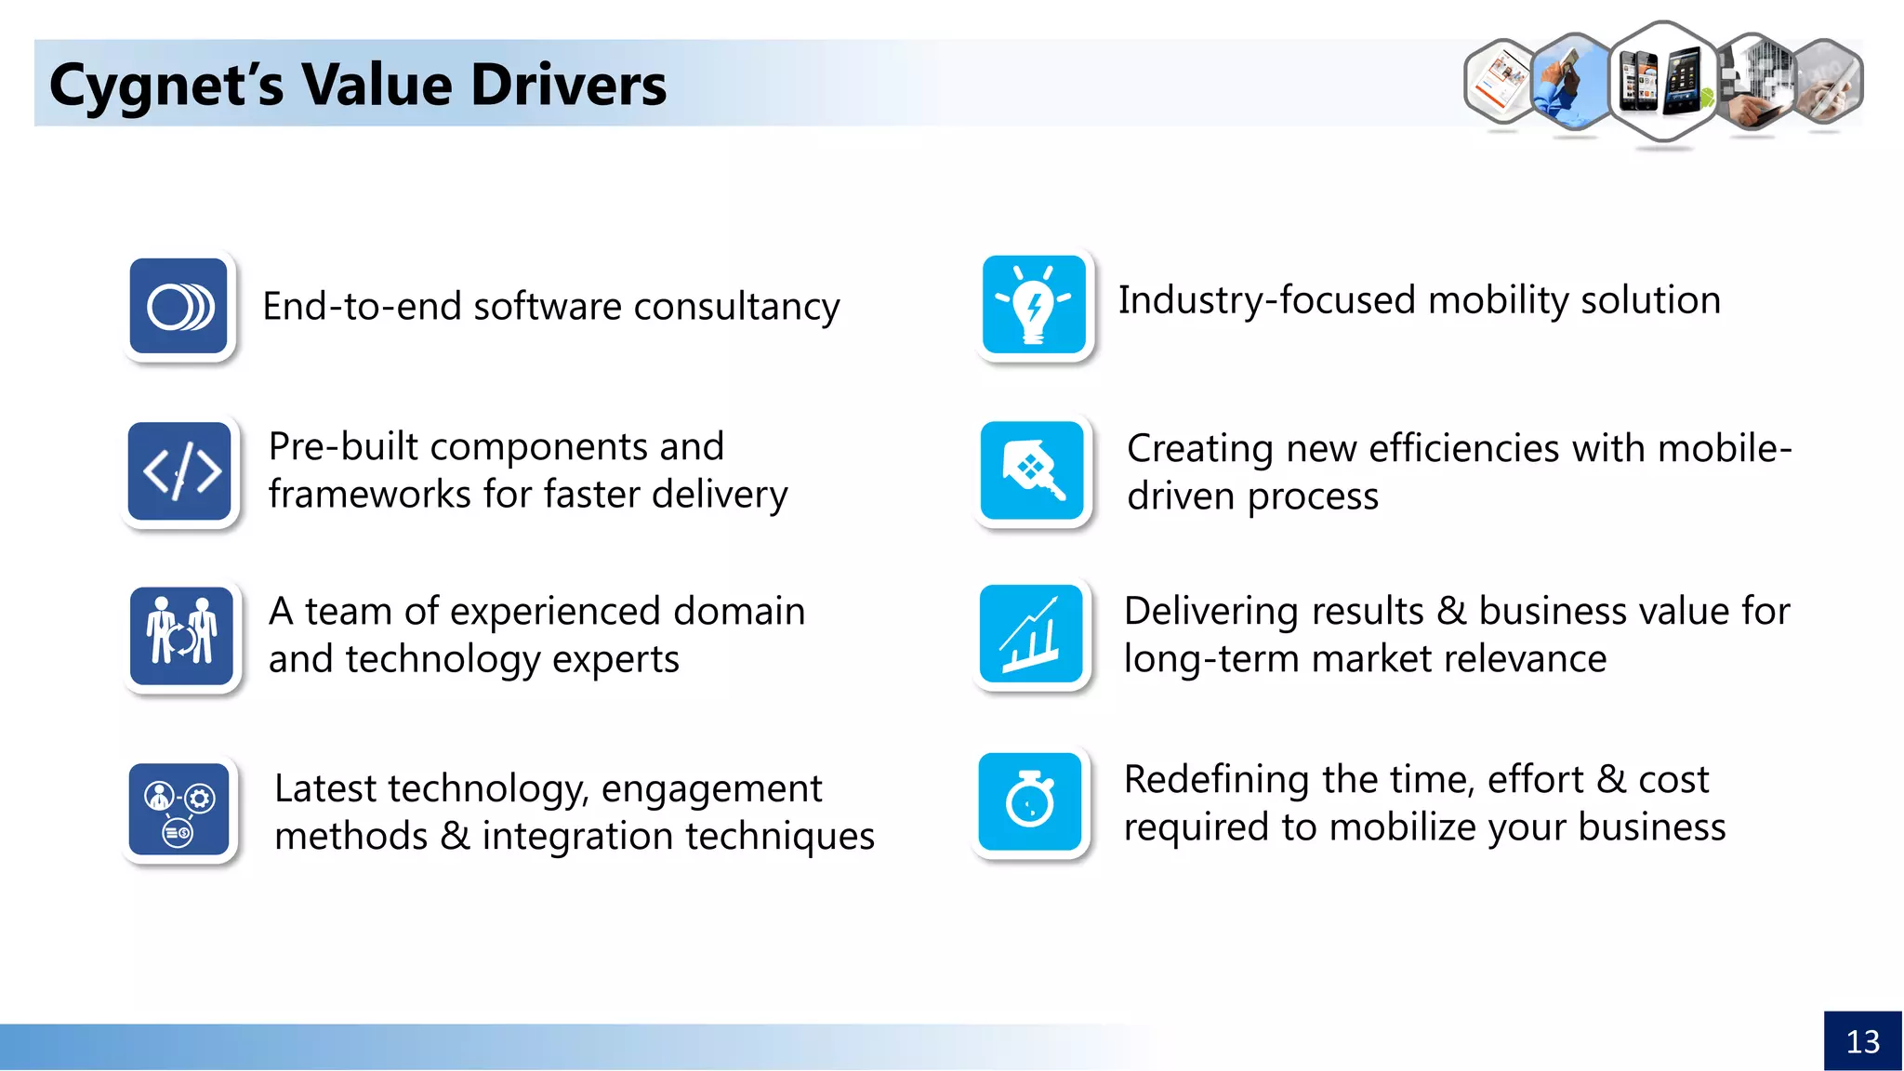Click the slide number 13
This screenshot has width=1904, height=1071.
coord(1862,1041)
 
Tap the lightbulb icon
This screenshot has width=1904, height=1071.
coord(1034,305)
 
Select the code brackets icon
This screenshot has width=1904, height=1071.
coord(180,470)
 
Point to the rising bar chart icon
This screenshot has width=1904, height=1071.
coord(1031,634)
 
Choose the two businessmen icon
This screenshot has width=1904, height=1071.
coord(181,636)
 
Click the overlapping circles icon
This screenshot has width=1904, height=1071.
coord(179,307)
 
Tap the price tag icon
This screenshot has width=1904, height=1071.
coord(1032,470)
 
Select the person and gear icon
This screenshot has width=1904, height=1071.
coord(179,810)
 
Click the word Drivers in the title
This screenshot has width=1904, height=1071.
coord(567,85)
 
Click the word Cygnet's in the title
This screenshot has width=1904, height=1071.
coord(166,85)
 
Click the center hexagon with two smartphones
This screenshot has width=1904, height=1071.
coord(1663,82)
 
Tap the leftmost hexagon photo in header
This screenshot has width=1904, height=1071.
coord(1500,82)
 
